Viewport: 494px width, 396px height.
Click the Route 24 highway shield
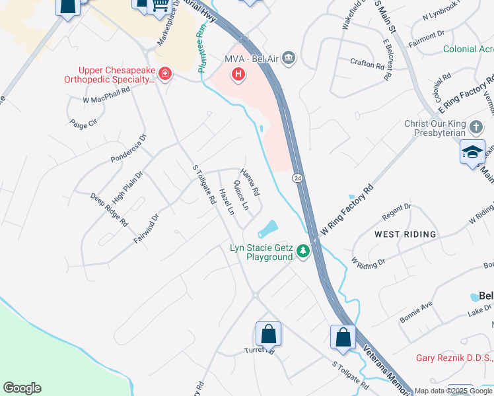click(x=298, y=178)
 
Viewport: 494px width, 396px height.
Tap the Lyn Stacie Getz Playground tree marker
click(x=303, y=251)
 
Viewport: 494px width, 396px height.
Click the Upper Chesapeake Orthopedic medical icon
click(x=164, y=75)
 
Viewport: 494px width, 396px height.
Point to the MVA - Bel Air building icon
click(x=289, y=59)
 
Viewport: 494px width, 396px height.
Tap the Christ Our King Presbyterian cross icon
click(x=475, y=125)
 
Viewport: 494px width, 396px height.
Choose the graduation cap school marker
click(x=473, y=152)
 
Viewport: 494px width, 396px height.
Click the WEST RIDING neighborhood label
click(x=406, y=234)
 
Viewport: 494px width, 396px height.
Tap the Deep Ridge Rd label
click(x=109, y=210)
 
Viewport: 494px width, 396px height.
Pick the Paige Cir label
click(x=83, y=123)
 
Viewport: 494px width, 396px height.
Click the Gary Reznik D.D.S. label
click(x=454, y=358)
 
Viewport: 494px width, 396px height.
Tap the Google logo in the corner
click(x=22, y=388)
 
